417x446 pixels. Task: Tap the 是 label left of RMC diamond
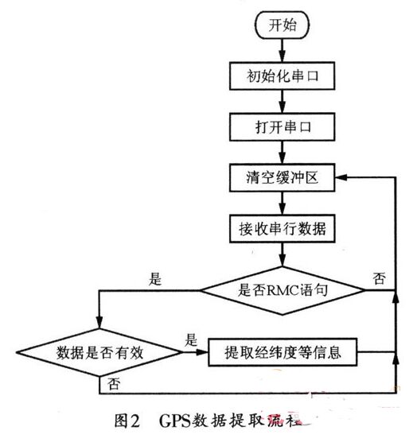(x=154, y=279)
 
